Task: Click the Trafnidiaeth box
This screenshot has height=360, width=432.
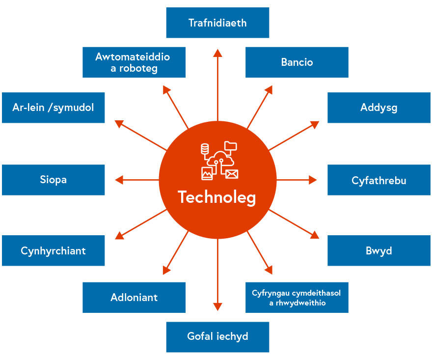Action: click(217, 23)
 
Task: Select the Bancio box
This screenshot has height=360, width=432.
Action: click(297, 62)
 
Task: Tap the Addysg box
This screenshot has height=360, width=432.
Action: click(378, 108)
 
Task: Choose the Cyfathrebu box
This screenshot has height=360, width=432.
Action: click(378, 180)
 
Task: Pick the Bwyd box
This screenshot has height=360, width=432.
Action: click(378, 250)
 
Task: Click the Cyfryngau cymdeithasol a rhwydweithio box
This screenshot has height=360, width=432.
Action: click(297, 298)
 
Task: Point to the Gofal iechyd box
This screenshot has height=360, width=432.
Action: click(217, 337)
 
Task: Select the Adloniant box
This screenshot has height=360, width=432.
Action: click(134, 298)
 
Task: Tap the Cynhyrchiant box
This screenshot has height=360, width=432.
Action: click(53, 250)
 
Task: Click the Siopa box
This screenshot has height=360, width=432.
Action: click(53, 180)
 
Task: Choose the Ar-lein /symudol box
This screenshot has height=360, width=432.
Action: click(53, 108)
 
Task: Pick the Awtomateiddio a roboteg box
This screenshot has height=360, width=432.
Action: click(134, 62)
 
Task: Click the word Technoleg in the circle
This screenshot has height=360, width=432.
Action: click(217, 197)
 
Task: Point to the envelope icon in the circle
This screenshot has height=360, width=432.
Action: click(232, 173)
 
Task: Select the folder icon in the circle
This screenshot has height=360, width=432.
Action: click(230, 146)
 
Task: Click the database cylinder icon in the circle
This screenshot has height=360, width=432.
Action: click(205, 148)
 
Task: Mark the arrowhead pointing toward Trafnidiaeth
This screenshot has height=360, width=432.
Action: click(217, 53)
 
